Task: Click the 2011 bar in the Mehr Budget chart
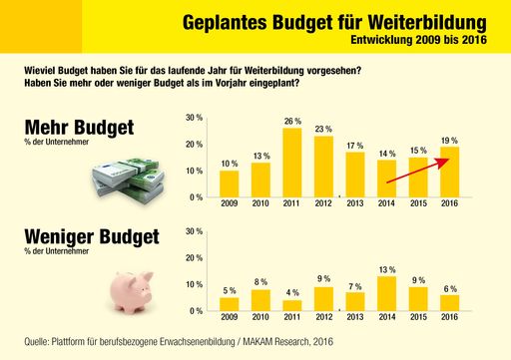click(292, 164)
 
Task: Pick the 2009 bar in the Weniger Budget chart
click(230, 304)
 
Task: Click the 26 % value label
click(292, 121)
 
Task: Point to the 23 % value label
click(323, 129)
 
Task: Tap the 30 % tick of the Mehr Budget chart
click(195, 118)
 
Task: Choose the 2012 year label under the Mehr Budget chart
click(323, 204)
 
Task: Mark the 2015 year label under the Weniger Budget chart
click(417, 318)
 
